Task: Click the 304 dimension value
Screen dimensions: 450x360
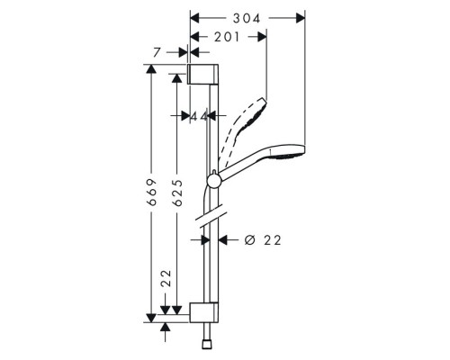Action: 247,19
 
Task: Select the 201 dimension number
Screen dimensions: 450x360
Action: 227,37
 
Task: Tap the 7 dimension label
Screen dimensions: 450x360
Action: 157,53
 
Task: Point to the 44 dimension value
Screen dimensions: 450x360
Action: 199,116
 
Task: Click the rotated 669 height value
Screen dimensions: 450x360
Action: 153,193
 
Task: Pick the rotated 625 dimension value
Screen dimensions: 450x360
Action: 178,193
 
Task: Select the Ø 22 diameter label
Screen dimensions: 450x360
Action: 263,240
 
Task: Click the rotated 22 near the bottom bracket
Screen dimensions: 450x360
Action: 166,278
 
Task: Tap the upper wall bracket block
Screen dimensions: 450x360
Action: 203,74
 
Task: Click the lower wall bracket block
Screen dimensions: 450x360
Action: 204,312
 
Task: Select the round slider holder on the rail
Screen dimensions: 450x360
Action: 213,180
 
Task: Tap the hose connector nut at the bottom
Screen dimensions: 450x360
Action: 206,345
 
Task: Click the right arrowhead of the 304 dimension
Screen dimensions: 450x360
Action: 301,18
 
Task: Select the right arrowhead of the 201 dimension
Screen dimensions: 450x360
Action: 262,37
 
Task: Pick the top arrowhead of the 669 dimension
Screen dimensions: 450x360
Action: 151,68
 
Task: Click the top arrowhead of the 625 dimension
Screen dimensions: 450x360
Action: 177,78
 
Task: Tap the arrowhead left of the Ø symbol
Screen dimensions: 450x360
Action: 223,240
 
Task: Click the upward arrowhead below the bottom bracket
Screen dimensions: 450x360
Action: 165,328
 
